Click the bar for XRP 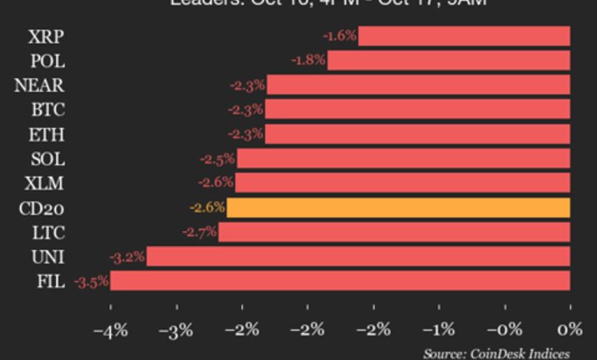[x=464, y=36]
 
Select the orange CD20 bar [x=398, y=208]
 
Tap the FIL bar [x=340, y=281]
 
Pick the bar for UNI [x=358, y=257]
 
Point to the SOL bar [x=403, y=159]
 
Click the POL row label [x=47, y=61]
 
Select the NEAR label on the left [x=39, y=85]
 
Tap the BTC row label [x=47, y=110]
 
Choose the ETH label [x=47, y=135]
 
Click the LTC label [x=47, y=233]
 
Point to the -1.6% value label [x=340, y=35]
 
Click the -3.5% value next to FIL [x=91, y=283]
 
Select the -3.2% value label [x=126, y=257]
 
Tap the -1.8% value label [x=308, y=60]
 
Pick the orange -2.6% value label [x=207, y=208]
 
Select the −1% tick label [x=439, y=330]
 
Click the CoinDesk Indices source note [x=496, y=353]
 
